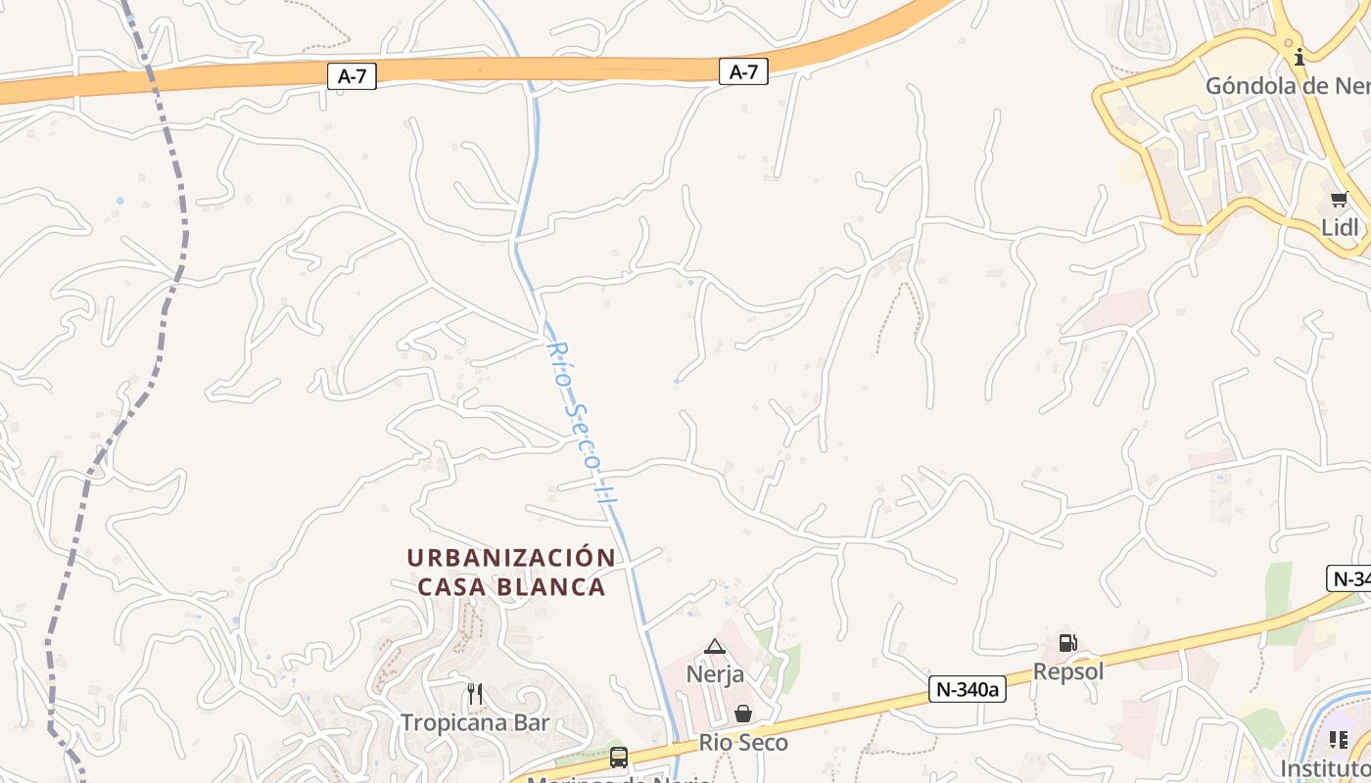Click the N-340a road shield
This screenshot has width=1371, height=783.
(x=967, y=689)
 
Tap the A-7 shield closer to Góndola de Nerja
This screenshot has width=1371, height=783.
(x=743, y=71)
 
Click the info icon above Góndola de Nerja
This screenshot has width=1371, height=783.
(x=1300, y=57)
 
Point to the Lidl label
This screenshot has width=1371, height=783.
(x=1340, y=227)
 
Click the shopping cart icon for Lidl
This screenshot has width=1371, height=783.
(x=1339, y=200)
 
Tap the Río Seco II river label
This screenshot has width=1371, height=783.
(x=582, y=423)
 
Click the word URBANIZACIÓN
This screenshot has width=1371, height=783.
(x=511, y=558)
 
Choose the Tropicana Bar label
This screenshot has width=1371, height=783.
(x=475, y=723)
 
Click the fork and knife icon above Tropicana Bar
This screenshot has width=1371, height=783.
(x=475, y=694)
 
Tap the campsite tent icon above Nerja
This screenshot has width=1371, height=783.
(x=715, y=646)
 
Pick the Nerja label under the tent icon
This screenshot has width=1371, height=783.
(x=715, y=674)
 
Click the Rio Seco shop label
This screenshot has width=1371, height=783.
(x=743, y=743)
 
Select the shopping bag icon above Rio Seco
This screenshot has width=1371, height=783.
(x=743, y=714)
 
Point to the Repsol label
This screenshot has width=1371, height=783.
(x=1068, y=671)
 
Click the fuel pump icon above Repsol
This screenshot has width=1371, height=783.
(x=1067, y=643)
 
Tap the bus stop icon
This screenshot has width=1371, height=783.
(x=619, y=757)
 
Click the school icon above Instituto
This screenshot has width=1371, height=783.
(x=1339, y=740)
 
